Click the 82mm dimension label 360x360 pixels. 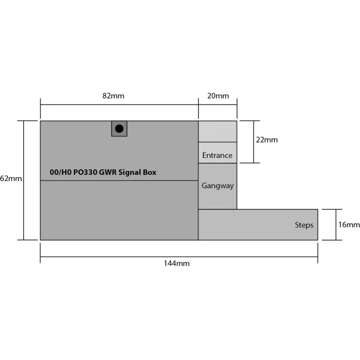[113, 96]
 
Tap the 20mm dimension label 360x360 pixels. [218, 96]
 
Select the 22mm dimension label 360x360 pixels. [267, 140]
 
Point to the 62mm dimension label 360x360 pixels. [11, 178]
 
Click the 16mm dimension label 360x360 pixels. [349, 225]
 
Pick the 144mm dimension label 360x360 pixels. [176, 263]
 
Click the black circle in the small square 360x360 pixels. [119, 129]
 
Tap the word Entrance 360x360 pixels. [217, 155]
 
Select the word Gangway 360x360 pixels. [218, 186]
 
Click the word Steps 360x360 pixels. [304, 225]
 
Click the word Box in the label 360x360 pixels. [150, 173]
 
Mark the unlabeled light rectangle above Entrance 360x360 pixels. [218, 132]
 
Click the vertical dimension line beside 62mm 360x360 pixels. [23, 206]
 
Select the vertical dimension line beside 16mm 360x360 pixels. [336, 225]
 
